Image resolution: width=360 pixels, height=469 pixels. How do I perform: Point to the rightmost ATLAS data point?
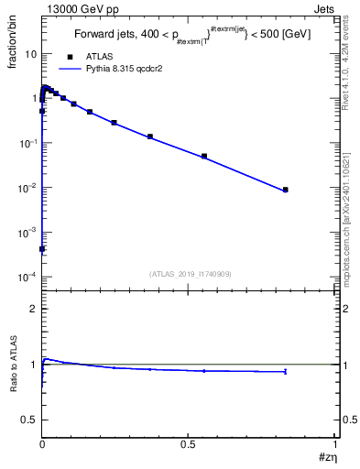[x=286, y=190]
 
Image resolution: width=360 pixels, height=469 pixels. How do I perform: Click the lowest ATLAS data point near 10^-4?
[x=42, y=249]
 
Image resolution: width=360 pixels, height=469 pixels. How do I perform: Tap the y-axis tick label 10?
[x=30, y=54]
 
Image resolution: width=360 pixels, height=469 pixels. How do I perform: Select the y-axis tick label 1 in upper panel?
[x=34, y=99]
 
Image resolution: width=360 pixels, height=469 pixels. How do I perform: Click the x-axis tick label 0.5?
[x=188, y=443]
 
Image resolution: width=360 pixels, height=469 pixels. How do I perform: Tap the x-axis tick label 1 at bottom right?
[x=335, y=443]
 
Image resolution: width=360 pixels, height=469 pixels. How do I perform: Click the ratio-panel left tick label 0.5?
[x=30, y=420]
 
